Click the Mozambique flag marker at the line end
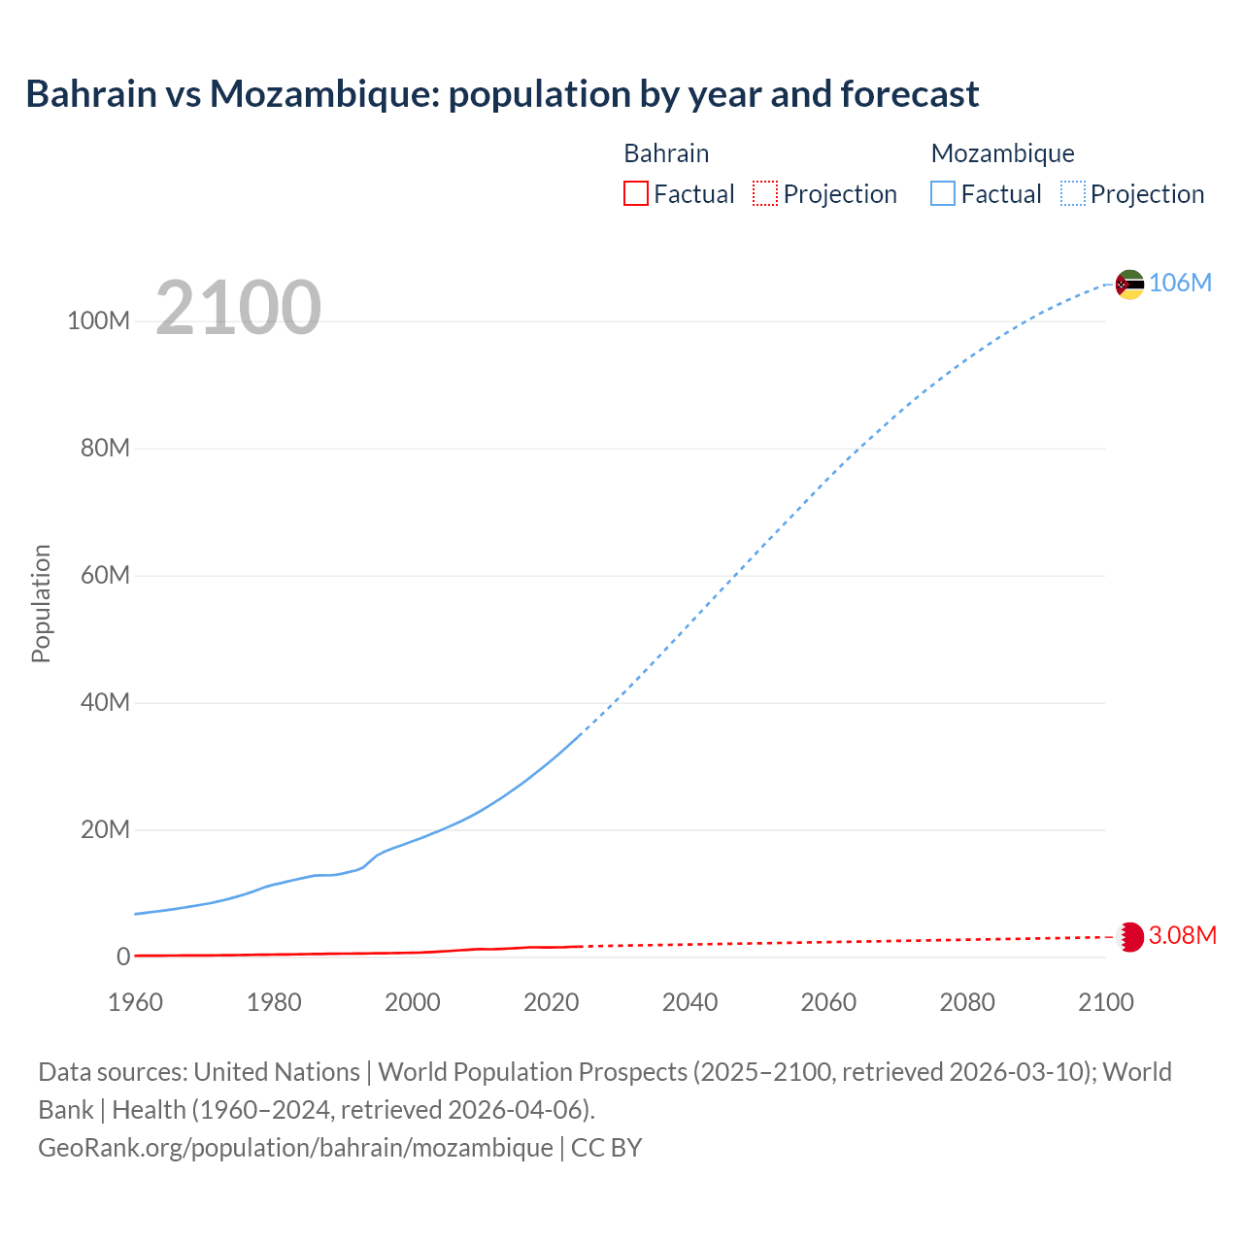[1129, 285]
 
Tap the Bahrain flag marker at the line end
[1130, 937]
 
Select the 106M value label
[1180, 283]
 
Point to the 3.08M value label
[1182, 935]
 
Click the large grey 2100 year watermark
[238, 308]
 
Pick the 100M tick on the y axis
[98, 321]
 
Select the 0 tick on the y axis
[122, 957]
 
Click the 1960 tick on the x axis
[136, 1002]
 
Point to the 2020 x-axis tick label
[552, 1002]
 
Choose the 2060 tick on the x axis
[828, 1002]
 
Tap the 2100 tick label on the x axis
[1105, 1002]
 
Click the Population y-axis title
[41, 603]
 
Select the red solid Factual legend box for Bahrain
[636, 194]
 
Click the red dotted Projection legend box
[765, 194]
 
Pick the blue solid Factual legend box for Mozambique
[943, 194]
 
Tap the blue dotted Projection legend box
[1073, 194]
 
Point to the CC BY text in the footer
[606, 1148]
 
